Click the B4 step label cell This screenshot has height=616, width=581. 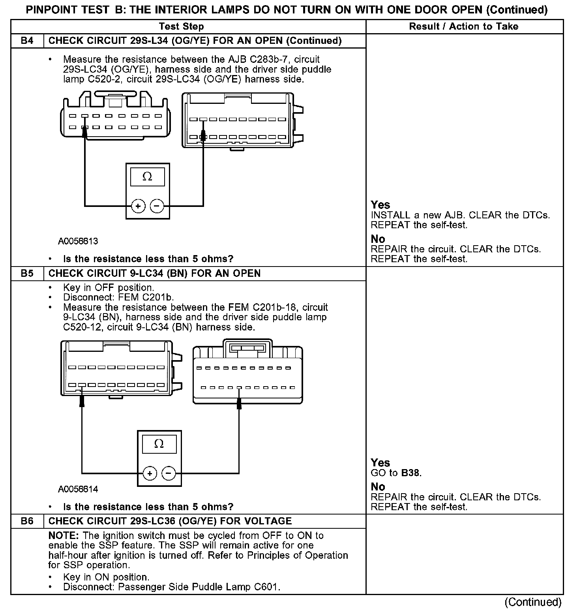[27, 41]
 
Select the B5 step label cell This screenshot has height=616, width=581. [27, 273]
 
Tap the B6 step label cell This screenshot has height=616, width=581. [27, 521]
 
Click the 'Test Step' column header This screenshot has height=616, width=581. [181, 26]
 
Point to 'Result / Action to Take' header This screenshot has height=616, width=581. [463, 26]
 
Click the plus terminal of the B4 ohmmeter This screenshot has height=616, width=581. [138, 206]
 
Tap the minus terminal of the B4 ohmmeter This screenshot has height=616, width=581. [157, 206]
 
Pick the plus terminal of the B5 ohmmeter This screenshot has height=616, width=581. [150, 473]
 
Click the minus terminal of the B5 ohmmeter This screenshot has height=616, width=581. [169, 473]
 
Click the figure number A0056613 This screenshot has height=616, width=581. [78, 241]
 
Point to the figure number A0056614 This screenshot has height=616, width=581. [78, 489]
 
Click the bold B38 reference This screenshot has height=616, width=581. [410, 473]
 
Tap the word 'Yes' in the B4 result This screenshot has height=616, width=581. [380, 205]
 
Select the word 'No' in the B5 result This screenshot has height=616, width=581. [378, 487]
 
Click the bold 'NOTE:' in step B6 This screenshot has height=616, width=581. [64, 536]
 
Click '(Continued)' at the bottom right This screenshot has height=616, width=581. [532, 602]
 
